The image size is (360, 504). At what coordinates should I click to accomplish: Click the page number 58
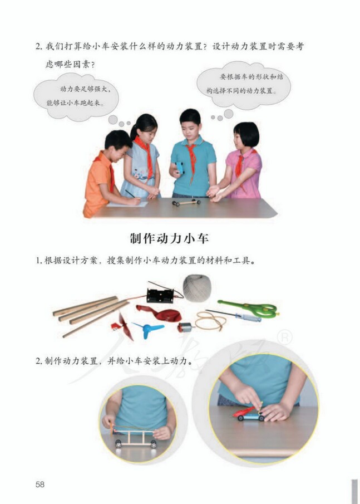[40, 484]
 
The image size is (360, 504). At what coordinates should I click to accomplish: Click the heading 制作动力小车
[169, 238]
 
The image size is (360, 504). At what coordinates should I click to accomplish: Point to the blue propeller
[148, 329]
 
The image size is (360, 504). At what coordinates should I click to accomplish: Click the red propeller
[126, 326]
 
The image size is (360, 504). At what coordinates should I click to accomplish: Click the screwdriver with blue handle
[234, 316]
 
